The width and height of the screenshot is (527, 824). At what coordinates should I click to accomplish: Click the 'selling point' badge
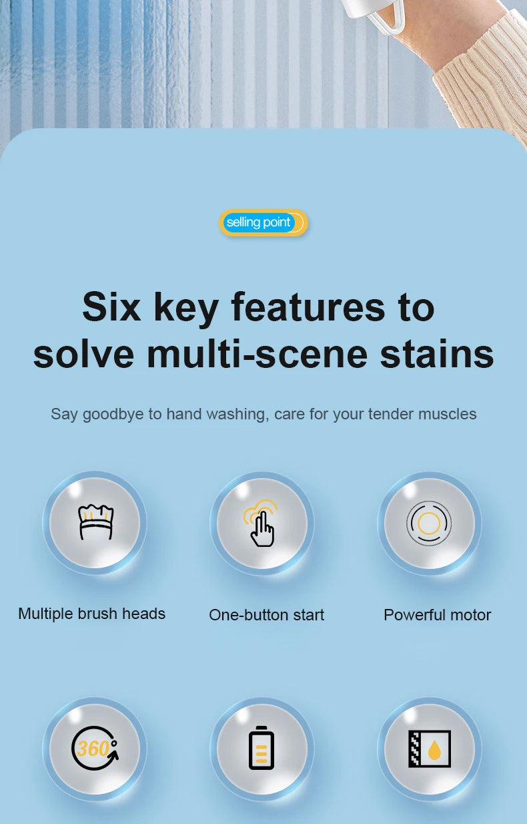263,222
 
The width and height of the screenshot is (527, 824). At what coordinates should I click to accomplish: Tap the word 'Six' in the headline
111,306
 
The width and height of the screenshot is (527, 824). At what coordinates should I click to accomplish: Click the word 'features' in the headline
308,306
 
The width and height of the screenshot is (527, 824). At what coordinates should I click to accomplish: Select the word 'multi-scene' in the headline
257,355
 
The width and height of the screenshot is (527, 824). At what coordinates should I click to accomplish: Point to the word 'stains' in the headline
437,355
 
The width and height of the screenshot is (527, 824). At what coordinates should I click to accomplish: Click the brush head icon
95,522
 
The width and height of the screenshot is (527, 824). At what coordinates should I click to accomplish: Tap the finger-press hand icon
261,523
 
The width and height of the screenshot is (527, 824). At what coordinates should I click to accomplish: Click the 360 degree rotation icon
95,749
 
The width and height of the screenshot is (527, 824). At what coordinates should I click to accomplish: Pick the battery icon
261,748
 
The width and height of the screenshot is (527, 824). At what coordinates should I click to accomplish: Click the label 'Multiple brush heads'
92,614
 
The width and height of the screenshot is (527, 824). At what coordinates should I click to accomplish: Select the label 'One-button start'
266,615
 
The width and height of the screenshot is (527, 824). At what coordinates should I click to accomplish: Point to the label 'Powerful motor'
438,615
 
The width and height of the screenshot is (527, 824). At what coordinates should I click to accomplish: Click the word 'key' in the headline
186,309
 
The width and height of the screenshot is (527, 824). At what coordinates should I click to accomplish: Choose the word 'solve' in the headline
84,355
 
